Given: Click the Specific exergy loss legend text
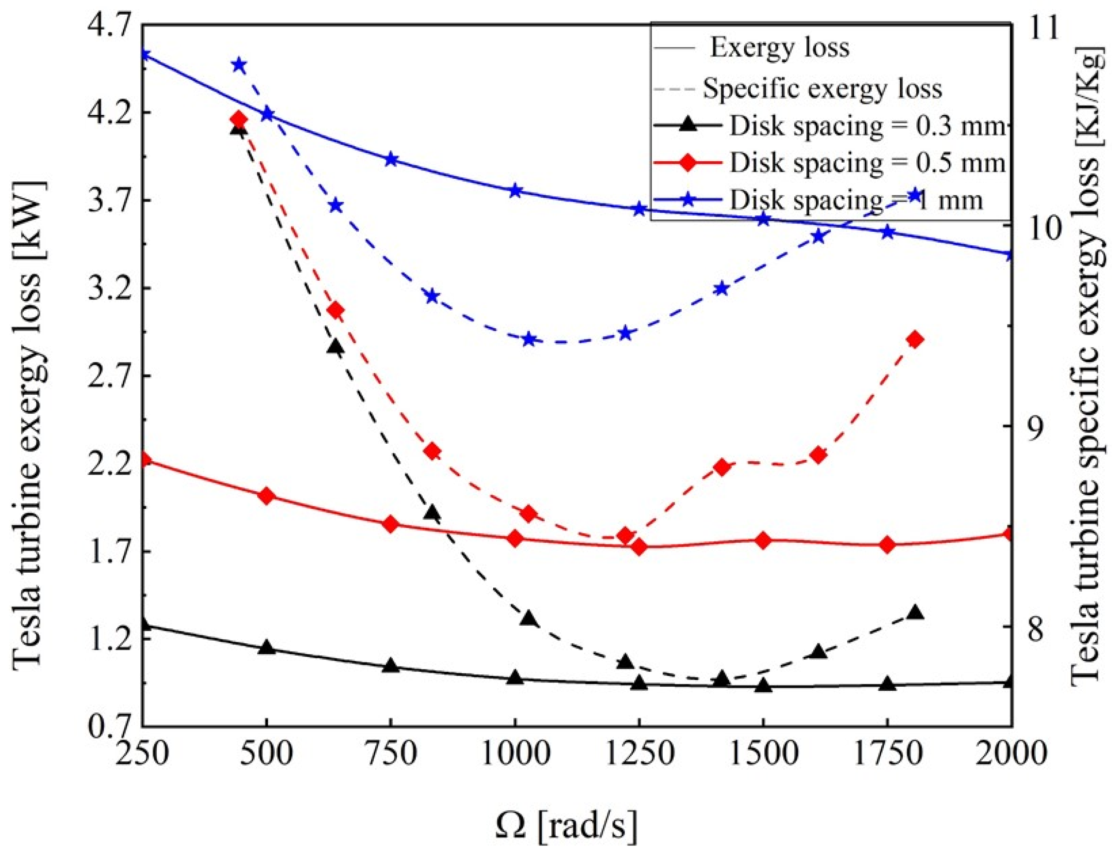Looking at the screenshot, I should [x=822, y=88].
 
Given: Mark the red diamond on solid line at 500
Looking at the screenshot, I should [x=266, y=495].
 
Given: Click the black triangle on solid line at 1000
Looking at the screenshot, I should [x=515, y=678].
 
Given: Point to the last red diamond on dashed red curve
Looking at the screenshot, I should [x=915, y=339].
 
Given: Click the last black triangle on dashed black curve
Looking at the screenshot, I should [x=915, y=612].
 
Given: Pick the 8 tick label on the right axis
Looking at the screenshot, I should [x=1037, y=628].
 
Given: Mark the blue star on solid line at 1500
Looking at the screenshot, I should [x=763, y=219].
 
